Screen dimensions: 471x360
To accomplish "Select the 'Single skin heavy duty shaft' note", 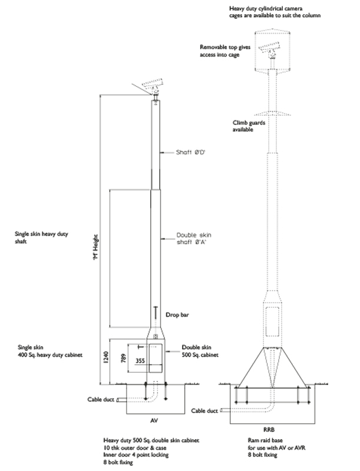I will (42, 237).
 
